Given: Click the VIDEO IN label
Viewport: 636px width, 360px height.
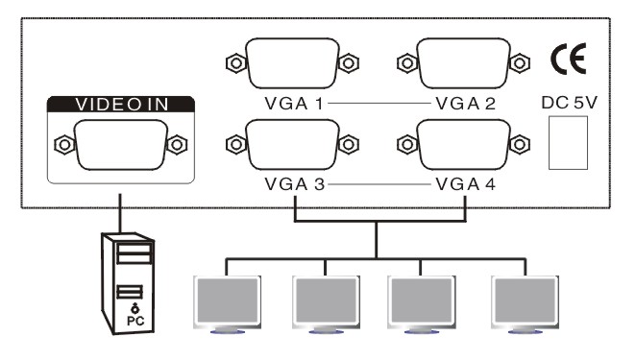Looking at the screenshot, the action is pos(122,105).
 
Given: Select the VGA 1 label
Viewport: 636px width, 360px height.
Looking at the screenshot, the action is pos(294,104).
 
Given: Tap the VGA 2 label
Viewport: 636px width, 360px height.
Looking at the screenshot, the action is pos(465,104).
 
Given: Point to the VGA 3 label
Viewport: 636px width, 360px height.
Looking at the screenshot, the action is pos(295,184).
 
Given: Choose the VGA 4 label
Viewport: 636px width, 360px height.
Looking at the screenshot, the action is pos(465,184).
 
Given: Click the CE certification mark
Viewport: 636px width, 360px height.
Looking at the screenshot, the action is pos(568,59).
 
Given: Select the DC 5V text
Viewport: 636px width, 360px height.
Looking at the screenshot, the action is pos(569,103).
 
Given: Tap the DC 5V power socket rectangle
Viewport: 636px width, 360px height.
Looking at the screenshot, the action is pos(568,143).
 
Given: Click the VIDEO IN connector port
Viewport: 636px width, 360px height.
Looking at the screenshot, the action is pos(121,145).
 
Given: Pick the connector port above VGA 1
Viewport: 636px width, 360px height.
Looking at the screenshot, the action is pos(292,63).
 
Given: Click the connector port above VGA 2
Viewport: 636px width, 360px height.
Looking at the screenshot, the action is pos(464,63).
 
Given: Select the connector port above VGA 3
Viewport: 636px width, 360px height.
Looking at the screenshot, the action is pos(292,144).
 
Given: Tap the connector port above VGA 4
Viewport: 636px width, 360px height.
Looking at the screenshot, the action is pos(464,144).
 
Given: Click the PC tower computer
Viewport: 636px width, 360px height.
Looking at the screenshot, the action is pos(128,283).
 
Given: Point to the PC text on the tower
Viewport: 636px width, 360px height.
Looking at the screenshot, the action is pos(135,321).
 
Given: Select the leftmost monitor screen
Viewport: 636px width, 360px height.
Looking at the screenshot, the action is pos(227,300).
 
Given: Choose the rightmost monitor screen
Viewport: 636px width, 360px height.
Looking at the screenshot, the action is pos(525,300).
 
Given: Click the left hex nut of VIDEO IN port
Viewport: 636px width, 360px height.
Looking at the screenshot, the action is pos(64,145).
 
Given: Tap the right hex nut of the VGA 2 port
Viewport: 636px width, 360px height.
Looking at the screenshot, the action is pos(520,63).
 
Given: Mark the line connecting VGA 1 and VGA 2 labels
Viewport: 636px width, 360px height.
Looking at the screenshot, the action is pos(379,104).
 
